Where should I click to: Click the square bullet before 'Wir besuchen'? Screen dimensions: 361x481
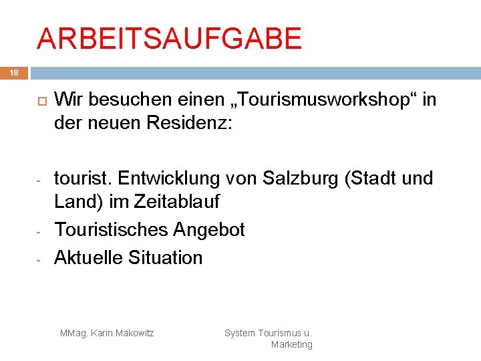pyautogui.click(x=39, y=100)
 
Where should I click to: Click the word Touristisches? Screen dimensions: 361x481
pyautogui.click(x=112, y=229)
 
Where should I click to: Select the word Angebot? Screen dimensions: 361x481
pyautogui.click(x=208, y=229)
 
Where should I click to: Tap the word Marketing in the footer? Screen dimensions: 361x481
pyautogui.click(x=291, y=344)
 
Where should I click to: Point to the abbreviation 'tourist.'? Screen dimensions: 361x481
pyautogui.click(x=83, y=178)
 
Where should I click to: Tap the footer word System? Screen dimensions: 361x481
pyautogui.click(x=239, y=332)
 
